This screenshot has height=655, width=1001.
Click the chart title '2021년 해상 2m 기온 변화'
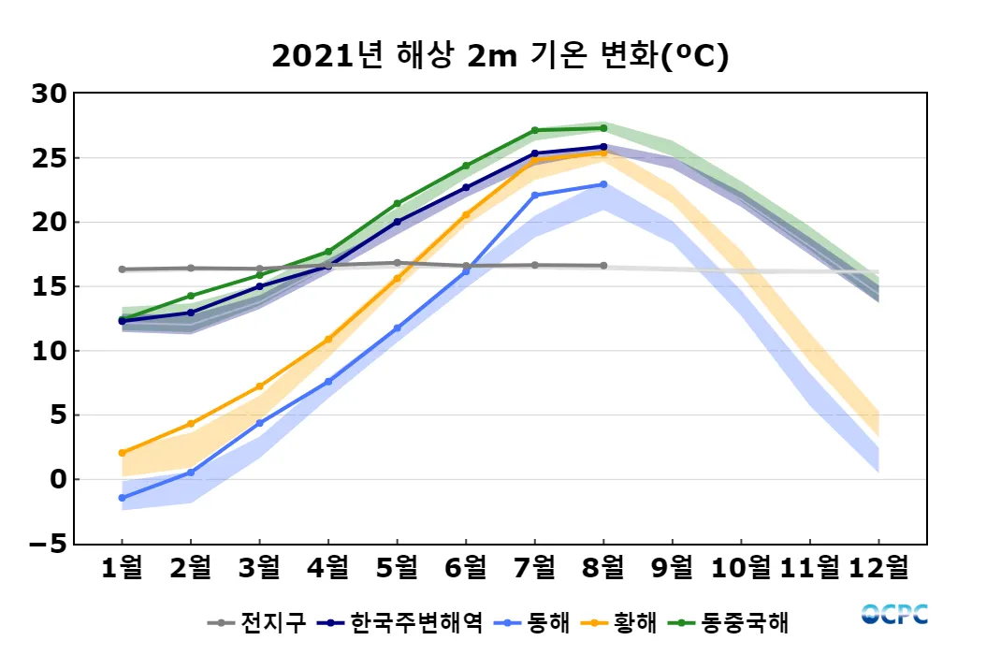pyautogui.click(x=500, y=56)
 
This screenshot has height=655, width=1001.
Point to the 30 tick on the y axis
pyautogui.click(x=49, y=94)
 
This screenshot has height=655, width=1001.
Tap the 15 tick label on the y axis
pyautogui.click(x=49, y=286)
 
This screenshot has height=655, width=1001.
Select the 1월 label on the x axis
pyautogui.click(x=122, y=567)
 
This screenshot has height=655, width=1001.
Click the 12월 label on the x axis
pyautogui.click(x=878, y=567)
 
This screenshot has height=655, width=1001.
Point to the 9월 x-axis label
pyautogui.click(x=672, y=567)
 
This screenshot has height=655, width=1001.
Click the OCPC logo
pyautogui.click(x=894, y=614)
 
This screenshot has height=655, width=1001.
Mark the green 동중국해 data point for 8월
pyautogui.click(x=603, y=128)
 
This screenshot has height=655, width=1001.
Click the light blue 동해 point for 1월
pyautogui.click(x=122, y=498)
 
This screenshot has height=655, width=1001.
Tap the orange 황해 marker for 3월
pyautogui.click(x=259, y=386)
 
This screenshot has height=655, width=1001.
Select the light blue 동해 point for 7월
pyautogui.click(x=534, y=196)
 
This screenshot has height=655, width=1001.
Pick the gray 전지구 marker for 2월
pyautogui.click(x=191, y=269)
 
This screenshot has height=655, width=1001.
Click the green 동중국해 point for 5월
pyautogui.click(x=397, y=203)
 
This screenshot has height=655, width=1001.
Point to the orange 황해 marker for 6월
pyautogui.click(x=466, y=215)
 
